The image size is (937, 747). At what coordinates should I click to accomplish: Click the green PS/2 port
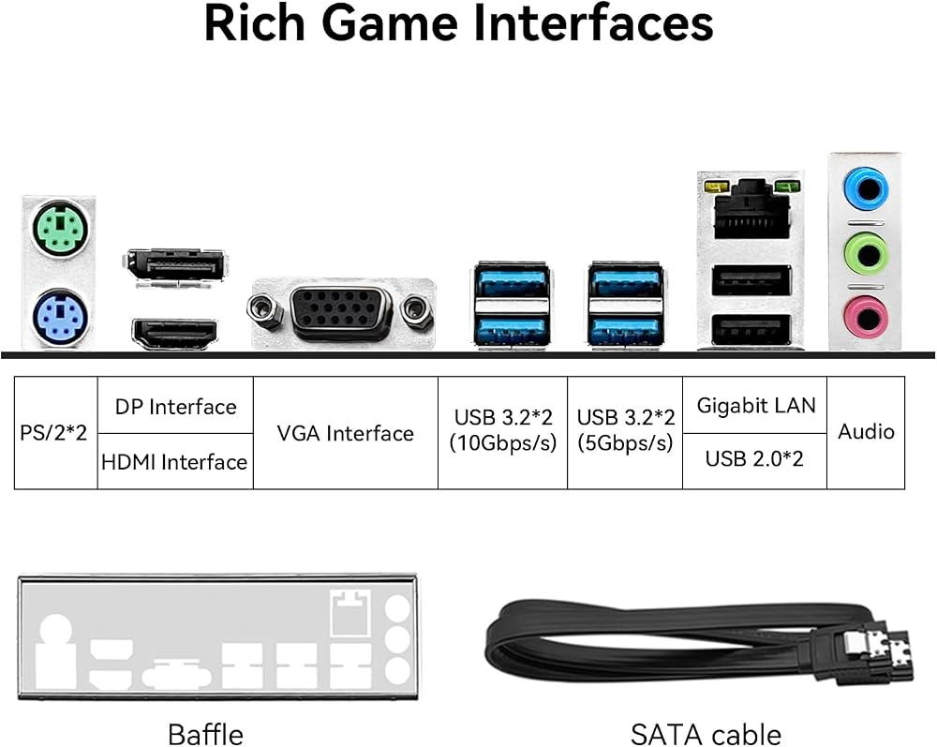click(60, 230)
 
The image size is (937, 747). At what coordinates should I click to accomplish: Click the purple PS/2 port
click(60, 316)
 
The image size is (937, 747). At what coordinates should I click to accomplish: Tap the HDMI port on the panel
click(174, 333)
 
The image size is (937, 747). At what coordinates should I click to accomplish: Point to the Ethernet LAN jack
click(751, 209)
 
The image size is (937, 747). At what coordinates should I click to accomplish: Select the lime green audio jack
click(865, 255)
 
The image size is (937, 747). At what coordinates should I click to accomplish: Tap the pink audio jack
click(865, 317)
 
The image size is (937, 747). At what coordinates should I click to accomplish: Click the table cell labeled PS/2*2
click(55, 433)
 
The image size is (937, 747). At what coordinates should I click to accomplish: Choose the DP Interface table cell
click(175, 405)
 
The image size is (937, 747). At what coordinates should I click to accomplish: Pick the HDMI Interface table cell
click(175, 461)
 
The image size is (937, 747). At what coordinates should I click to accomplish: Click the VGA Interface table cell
click(346, 433)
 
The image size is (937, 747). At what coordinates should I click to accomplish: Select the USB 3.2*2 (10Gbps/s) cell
click(502, 433)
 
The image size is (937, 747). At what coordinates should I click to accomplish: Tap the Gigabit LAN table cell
click(754, 405)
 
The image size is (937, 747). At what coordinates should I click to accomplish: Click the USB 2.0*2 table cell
click(754, 461)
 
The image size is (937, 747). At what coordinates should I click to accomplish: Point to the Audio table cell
click(866, 433)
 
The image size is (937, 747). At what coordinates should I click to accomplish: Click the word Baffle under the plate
click(205, 735)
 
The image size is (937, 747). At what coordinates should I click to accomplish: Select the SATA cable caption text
click(706, 735)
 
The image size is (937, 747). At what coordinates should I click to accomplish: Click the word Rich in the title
click(255, 24)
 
